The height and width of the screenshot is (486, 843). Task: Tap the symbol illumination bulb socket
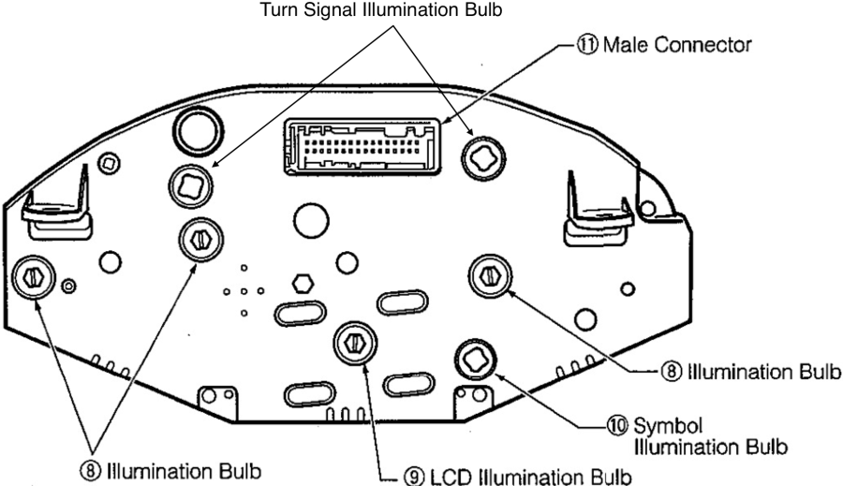click(x=473, y=357)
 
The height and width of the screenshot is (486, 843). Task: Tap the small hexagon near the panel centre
click(x=303, y=284)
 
